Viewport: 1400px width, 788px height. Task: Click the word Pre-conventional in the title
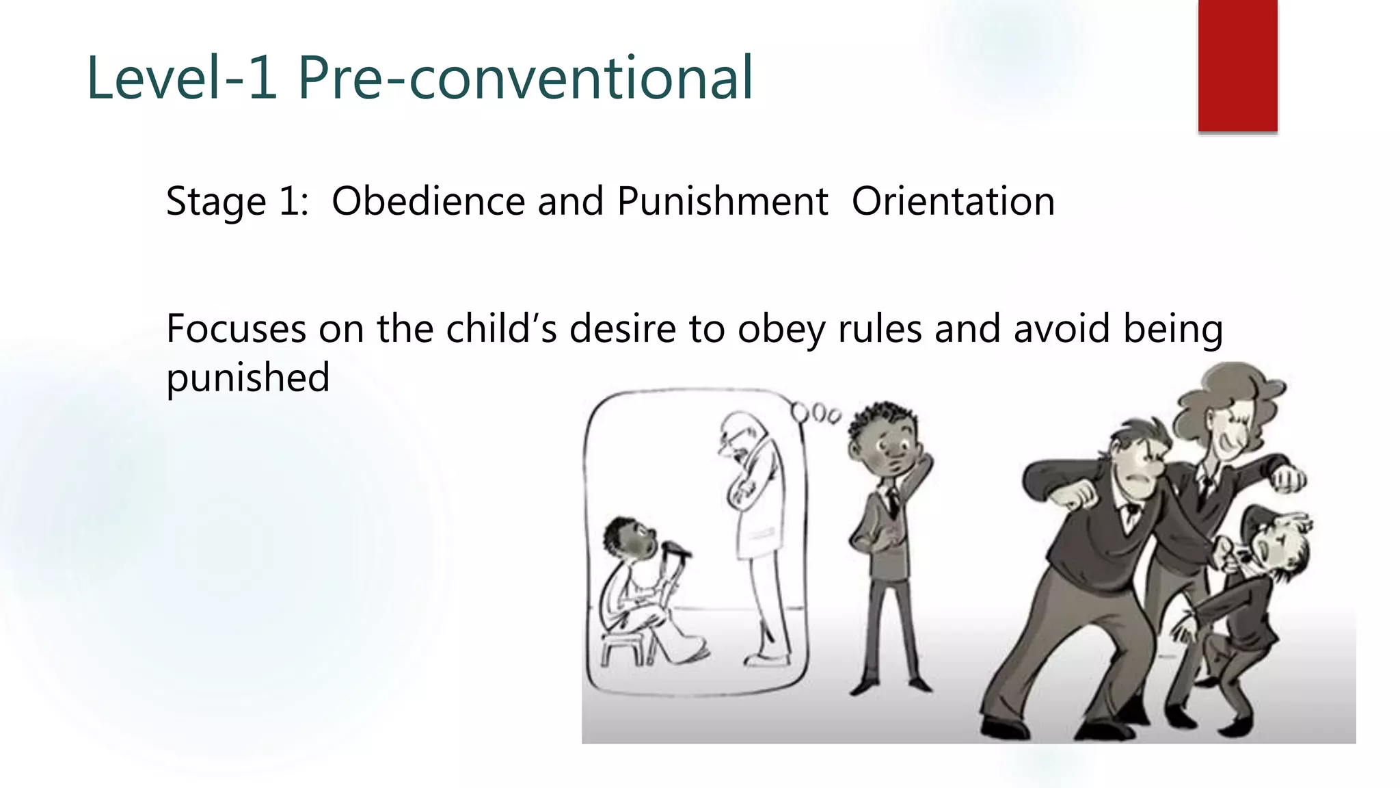[x=525, y=78]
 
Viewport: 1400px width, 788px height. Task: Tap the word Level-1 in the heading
[x=182, y=78]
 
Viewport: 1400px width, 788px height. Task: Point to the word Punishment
[x=722, y=201]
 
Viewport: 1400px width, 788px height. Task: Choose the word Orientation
[x=953, y=201]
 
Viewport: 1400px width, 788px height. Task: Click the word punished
[x=248, y=378]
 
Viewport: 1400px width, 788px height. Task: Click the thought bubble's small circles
[x=816, y=414]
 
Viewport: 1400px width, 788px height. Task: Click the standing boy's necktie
[x=893, y=502]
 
